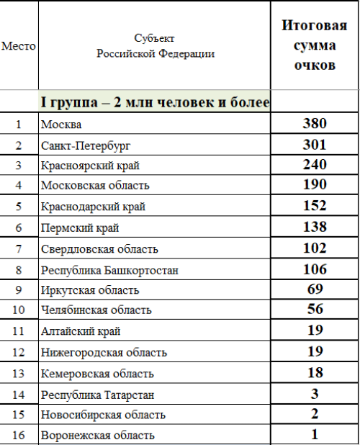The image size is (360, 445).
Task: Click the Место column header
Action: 19,46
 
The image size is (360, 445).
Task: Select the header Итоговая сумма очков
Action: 315,45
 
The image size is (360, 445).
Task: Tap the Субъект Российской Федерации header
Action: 155,45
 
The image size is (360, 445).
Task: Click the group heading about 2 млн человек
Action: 155,103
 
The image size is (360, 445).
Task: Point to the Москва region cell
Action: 62,125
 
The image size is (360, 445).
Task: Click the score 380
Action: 315,123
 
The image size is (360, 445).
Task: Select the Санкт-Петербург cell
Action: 86,145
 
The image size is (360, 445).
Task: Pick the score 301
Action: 315,144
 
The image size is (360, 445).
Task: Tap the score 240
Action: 315,165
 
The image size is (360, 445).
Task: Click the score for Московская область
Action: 315,186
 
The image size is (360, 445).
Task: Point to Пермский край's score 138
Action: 315,228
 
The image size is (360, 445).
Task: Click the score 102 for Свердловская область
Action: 315,248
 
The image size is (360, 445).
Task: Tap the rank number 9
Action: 19,290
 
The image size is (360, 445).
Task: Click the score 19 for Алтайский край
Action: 315,331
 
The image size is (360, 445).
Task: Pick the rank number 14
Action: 19,394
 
